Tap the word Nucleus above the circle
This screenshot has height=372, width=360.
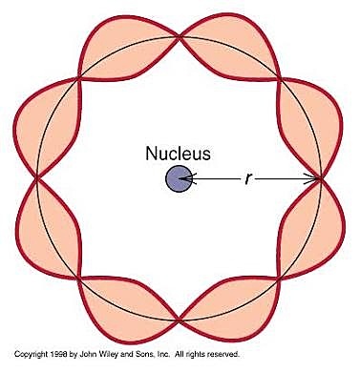(180, 153)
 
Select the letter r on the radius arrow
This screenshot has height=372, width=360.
(247, 178)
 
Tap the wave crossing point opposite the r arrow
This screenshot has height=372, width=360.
(36, 177)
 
